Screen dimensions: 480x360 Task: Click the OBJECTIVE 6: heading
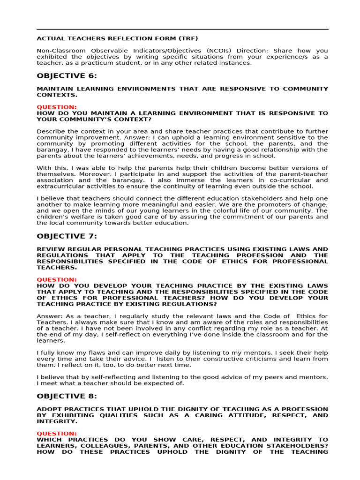[67, 76]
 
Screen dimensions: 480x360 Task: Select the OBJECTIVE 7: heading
[67, 236]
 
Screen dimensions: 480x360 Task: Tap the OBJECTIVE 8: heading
[67, 396]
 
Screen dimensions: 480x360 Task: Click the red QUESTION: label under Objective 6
[57, 107]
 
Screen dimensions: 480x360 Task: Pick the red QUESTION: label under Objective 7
[57, 280]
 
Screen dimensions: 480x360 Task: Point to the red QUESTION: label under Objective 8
[57, 434]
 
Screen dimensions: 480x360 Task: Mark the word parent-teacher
[304, 174]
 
